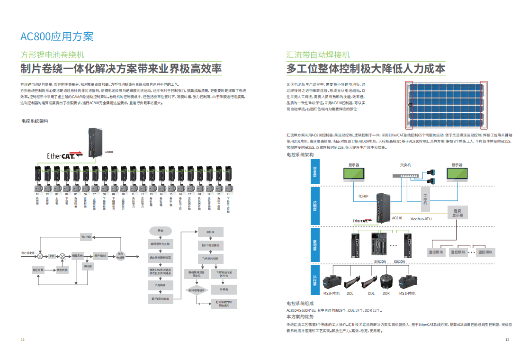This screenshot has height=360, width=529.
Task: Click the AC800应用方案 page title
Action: point(57,36)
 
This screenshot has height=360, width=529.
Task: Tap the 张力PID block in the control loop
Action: point(86,236)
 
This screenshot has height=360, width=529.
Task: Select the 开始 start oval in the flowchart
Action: point(160,231)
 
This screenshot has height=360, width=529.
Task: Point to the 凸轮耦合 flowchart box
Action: point(160,286)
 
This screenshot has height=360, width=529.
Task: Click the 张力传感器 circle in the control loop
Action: point(120,255)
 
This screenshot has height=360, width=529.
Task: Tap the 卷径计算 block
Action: point(38,270)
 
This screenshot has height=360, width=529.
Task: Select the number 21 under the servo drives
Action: point(228,194)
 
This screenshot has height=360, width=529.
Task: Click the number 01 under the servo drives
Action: point(37,194)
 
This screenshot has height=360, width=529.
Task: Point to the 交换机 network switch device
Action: point(406,175)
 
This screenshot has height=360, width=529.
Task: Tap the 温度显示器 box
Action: point(457,212)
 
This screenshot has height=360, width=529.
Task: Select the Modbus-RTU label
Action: point(421,219)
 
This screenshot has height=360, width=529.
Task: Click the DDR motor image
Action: point(386,283)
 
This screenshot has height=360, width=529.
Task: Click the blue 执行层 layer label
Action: point(315,281)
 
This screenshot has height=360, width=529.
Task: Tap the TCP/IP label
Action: point(363,195)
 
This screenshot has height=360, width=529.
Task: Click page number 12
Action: point(507,340)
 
